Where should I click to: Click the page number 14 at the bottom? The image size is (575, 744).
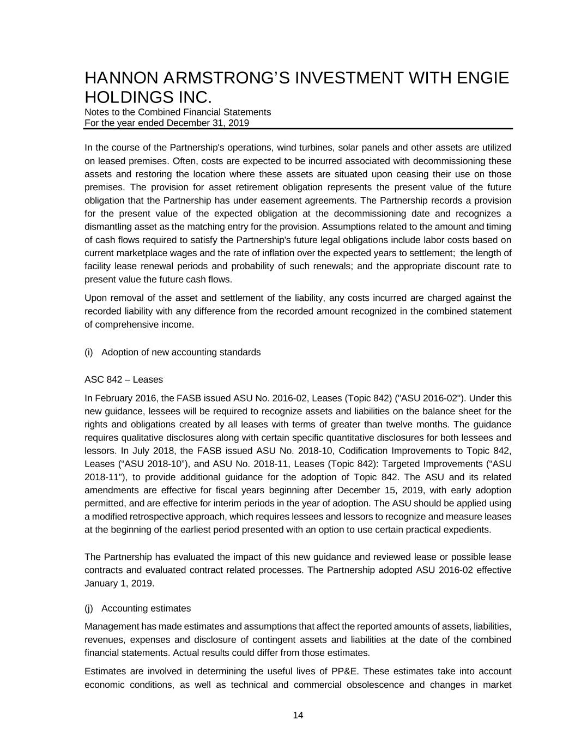(298, 716)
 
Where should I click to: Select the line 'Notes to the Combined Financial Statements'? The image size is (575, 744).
(178, 112)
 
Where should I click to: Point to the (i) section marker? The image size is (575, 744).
(89, 352)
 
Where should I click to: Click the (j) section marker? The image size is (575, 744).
(89, 608)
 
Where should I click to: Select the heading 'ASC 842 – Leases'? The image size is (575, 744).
(124, 379)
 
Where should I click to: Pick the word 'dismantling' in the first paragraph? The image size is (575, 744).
(107, 227)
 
